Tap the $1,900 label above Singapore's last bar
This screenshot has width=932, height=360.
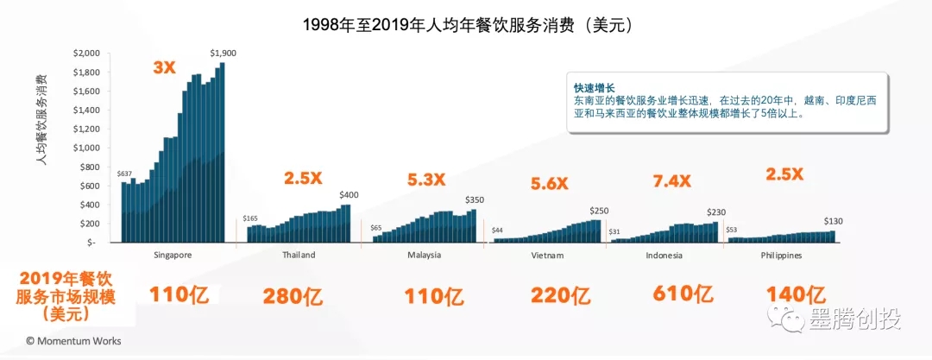tap(223, 54)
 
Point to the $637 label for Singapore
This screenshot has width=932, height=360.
tap(126, 174)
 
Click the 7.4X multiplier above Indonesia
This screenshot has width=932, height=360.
tap(671, 180)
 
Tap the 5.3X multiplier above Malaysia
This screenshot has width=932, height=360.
tap(426, 180)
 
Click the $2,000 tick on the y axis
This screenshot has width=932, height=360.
tap(87, 54)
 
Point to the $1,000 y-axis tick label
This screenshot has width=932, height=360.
tap(87, 148)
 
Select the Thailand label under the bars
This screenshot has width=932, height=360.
tap(299, 256)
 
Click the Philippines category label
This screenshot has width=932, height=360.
tap(781, 256)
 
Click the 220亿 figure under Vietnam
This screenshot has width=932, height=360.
tap(560, 296)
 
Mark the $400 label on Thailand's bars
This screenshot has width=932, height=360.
tap(350, 195)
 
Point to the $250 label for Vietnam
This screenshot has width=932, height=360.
tap(600, 211)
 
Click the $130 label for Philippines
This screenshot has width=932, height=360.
tap(834, 221)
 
